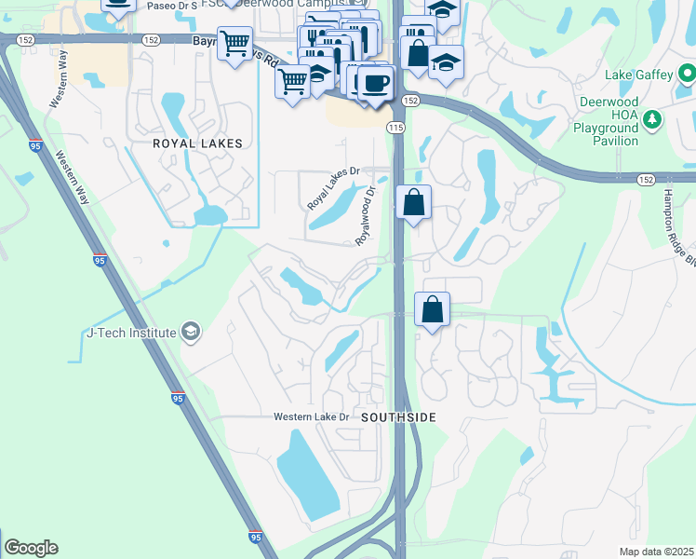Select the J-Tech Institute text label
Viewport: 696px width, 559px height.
point(131,333)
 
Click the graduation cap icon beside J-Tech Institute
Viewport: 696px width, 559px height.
point(191,332)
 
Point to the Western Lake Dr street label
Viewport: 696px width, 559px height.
point(310,416)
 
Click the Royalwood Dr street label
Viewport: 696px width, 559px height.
point(366,216)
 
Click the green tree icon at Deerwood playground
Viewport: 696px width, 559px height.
point(653,118)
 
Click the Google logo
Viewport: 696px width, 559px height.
point(31,548)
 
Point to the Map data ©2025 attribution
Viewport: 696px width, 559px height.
point(656,552)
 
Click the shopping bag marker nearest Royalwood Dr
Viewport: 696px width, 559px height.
point(413,201)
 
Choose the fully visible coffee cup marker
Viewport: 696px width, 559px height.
point(375,83)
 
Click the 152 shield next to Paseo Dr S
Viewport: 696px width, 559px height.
point(150,40)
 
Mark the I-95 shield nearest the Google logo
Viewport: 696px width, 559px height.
point(255,538)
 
